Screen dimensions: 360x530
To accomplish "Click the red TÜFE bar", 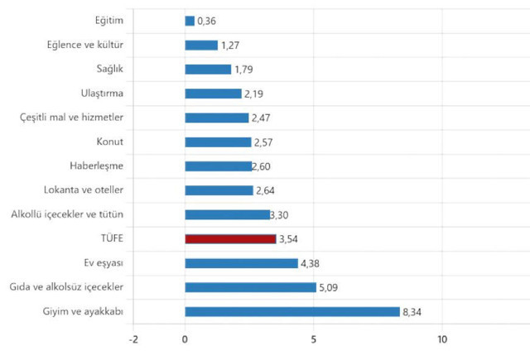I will (230, 239).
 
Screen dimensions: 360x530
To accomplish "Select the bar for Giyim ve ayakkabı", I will (292, 312).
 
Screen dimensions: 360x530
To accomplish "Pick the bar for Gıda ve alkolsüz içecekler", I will (250, 288).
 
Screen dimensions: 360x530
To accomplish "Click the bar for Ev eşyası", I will (241, 263).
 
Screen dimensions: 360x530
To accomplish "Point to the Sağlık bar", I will (208, 70).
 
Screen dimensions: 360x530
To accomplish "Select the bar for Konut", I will (218, 142).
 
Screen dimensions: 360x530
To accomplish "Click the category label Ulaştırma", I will (101, 94).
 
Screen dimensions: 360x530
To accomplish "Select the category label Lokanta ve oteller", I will (83, 190).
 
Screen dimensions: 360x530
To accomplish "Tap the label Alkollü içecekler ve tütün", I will (67, 215).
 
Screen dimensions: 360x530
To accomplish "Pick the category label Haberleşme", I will (97, 166).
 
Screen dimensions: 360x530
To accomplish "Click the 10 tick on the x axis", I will (442, 339).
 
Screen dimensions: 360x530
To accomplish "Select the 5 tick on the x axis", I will (314, 339).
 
